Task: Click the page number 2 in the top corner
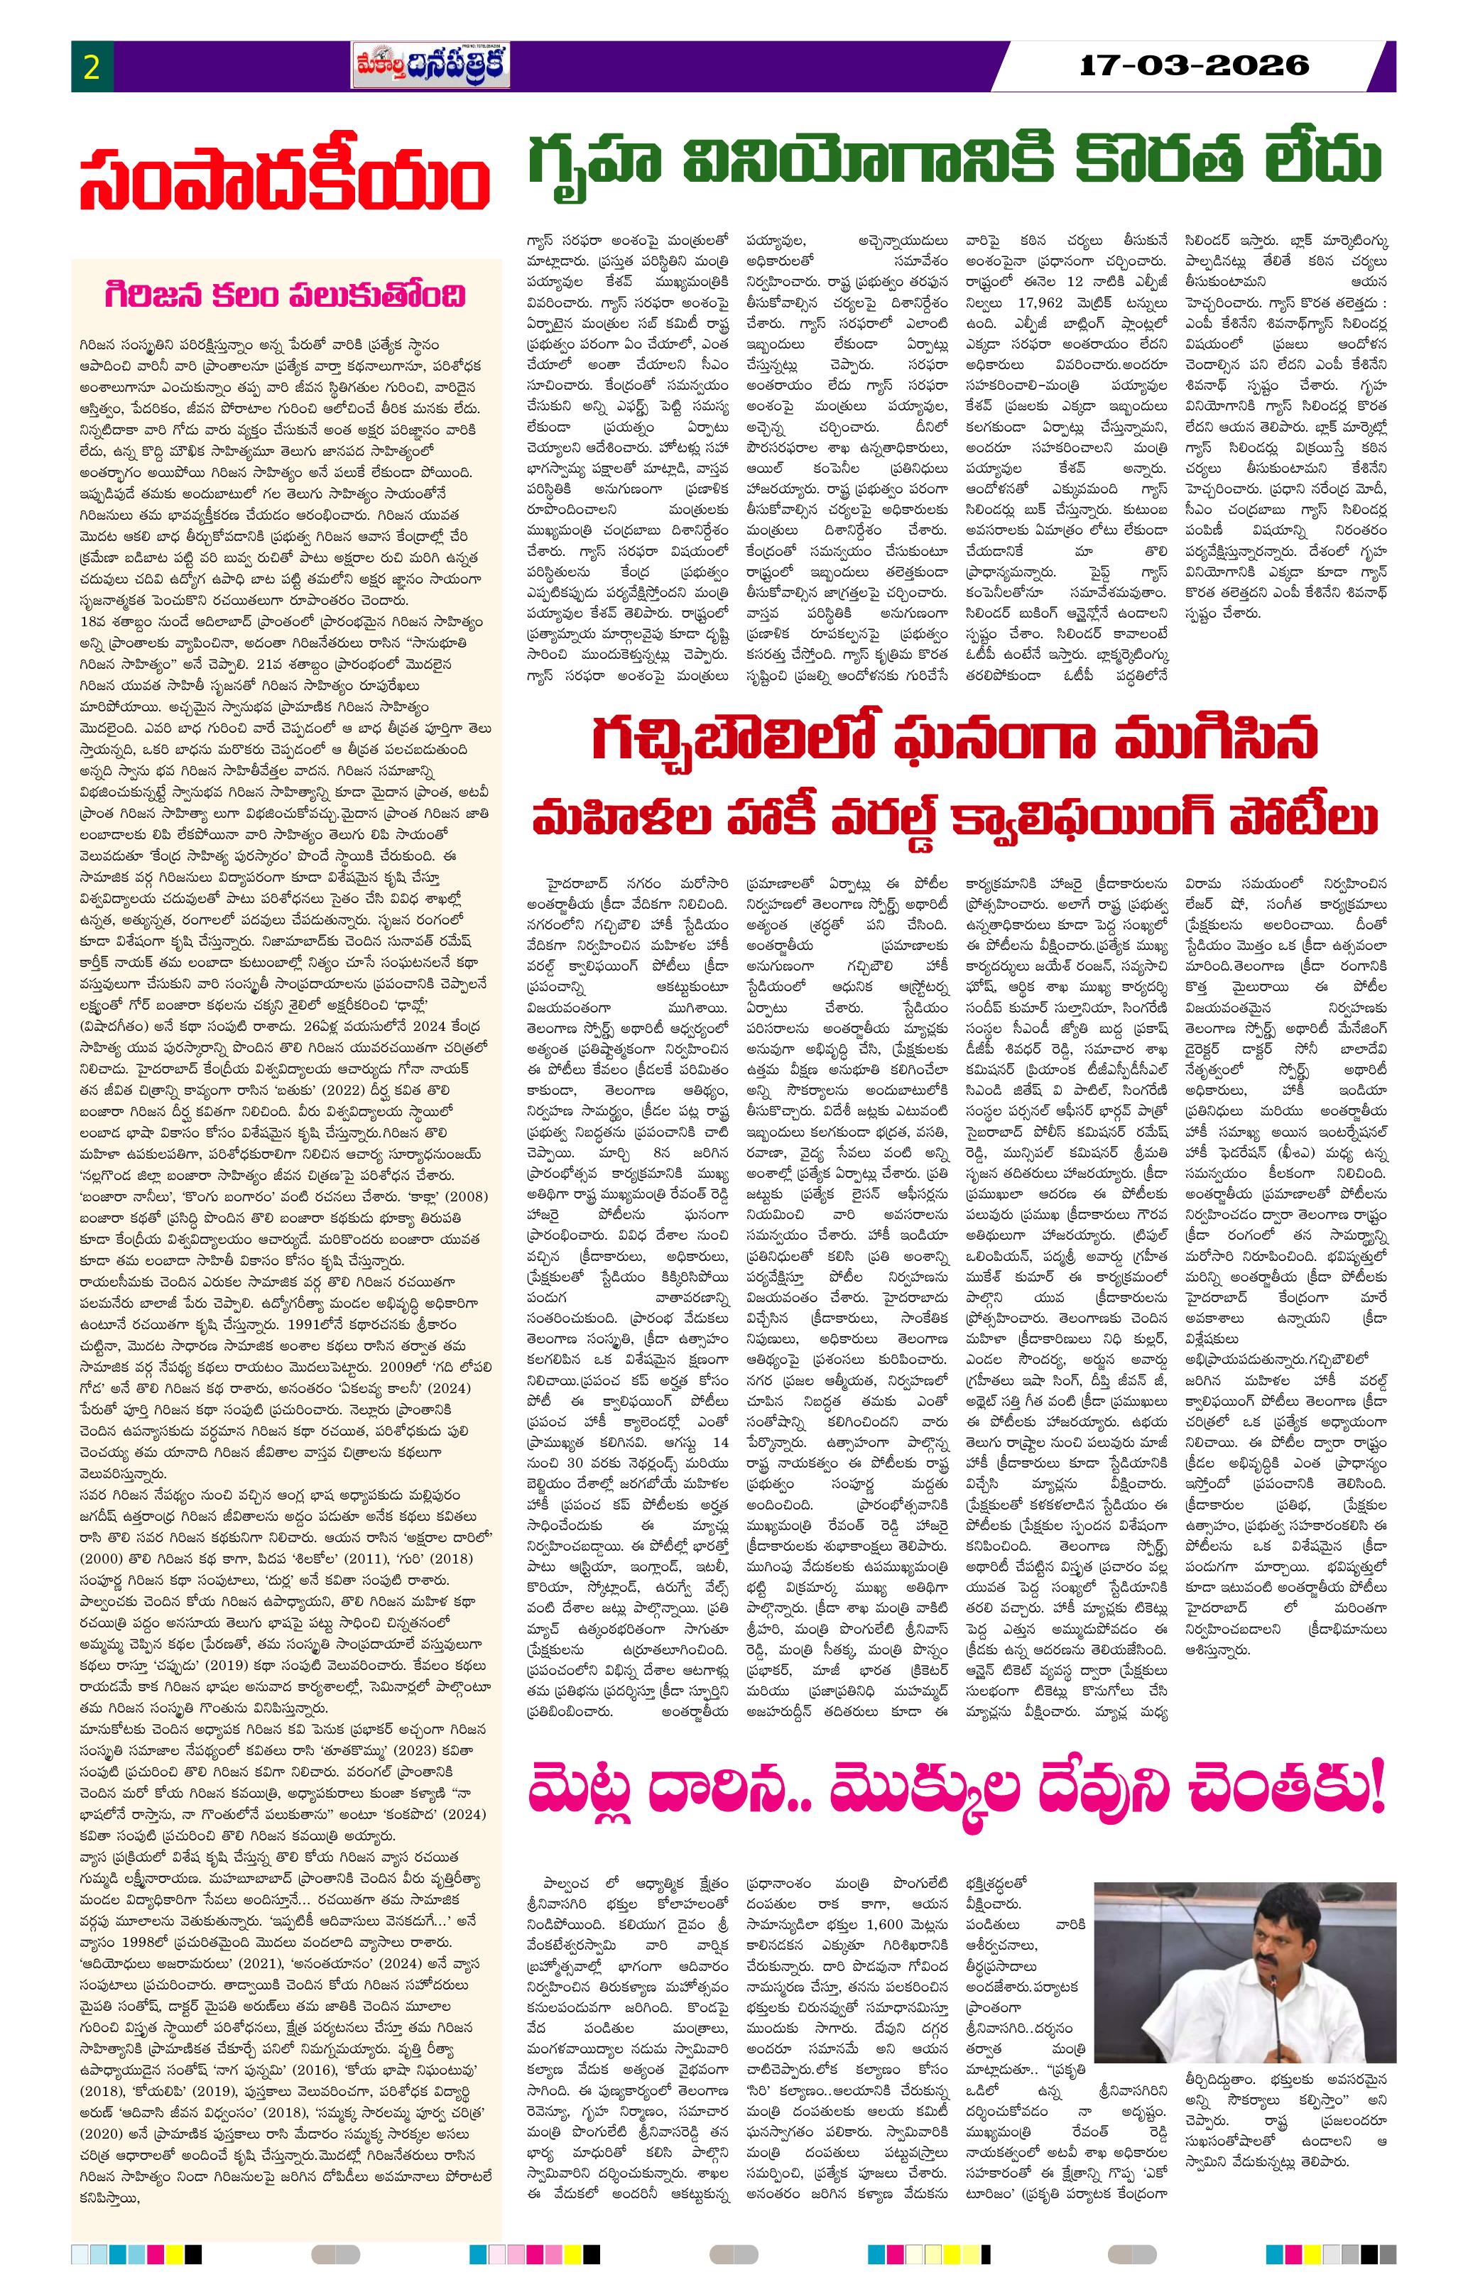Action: tap(92, 67)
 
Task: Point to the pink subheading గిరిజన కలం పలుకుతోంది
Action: tap(286, 295)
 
